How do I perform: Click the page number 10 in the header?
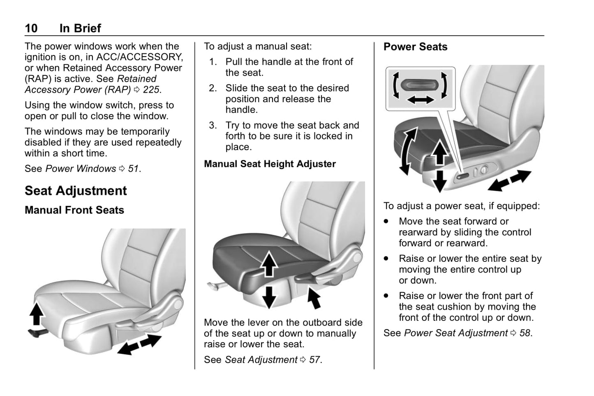tap(31, 28)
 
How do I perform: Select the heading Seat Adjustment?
tap(76, 191)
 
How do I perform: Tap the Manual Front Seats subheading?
tap(74, 210)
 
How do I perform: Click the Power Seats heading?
tap(415, 47)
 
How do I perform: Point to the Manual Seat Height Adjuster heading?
tap(270, 164)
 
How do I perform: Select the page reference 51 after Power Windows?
tap(133, 169)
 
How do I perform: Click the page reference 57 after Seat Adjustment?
tap(314, 360)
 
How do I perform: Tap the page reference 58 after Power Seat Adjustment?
tap(525, 333)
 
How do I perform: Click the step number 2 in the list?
tap(213, 88)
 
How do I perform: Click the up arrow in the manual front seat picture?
tap(37, 314)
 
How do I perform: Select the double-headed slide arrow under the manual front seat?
tap(139, 344)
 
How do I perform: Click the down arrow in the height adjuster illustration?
tap(269, 297)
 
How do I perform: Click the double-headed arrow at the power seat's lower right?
tap(509, 181)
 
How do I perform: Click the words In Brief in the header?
tap(80, 28)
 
